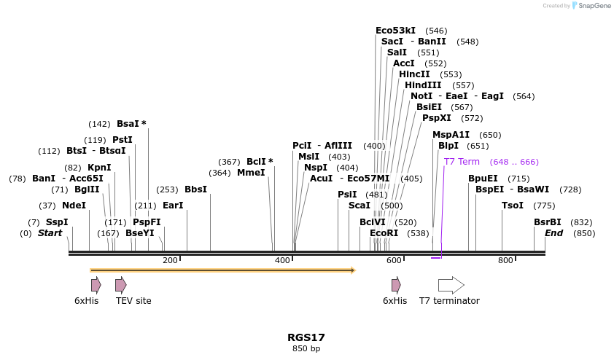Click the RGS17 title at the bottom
click(x=306, y=337)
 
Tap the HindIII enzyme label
click(x=423, y=85)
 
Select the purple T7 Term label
click(x=462, y=162)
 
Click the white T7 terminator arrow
click(x=451, y=285)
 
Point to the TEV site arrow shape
click(x=121, y=285)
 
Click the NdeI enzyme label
click(x=74, y=206)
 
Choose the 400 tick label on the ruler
click(x=282, y=261)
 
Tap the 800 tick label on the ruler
click(x=505, y=261)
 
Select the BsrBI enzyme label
click(x=548, y=222)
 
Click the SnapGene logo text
click(x=595, y=6)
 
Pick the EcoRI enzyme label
click(x=384, y=233)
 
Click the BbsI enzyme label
click(x=195, y=189)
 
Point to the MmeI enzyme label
click(x=251, y=173)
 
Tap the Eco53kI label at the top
click(x=395, y=31)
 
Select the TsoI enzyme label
click(x=513, y=206)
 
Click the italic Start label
click(x=50, y=233)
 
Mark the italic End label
click(x=554, y=233)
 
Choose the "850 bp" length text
click(x=306, y=349)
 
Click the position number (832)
click(x=581, y=222)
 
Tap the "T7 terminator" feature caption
click(x=449, y=301)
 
